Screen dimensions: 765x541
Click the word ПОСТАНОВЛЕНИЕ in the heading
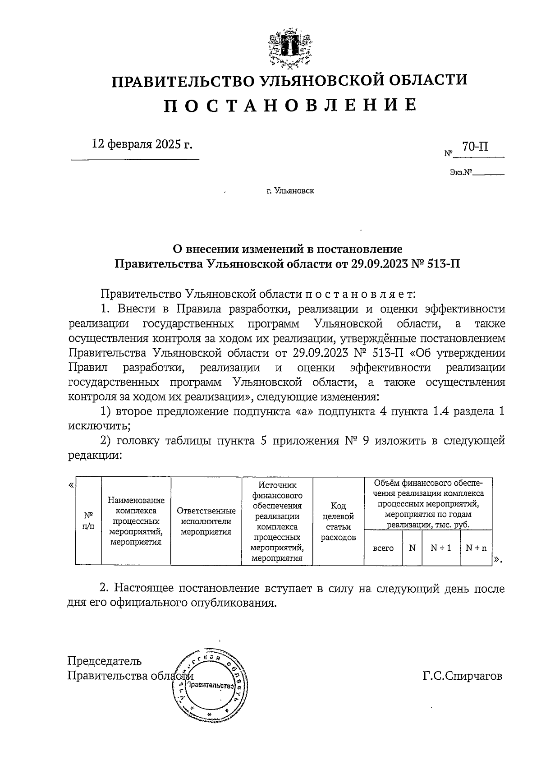pos(289,105)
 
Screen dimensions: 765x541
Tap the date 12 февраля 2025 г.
pos(142,144)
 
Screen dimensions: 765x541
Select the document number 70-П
pos(475,147)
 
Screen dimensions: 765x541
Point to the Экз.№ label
pos(460,172)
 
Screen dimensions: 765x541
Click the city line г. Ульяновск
pos(290,191)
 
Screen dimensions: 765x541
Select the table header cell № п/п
pos(89,521)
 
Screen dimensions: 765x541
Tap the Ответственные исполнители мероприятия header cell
pos(206,521)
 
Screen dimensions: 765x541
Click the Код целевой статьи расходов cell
pos(338,521)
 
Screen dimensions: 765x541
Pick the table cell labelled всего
pos(383,548)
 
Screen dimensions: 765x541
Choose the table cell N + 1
pos(440,548)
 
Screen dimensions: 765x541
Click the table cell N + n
pos(476,548)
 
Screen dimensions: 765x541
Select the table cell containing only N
pos(412,548)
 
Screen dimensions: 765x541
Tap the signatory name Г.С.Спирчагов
pos(462,676)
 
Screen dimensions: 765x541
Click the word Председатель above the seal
pos(105,661)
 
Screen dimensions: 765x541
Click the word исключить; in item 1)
pos(100,425)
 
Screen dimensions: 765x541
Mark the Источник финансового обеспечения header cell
pos(277,521)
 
